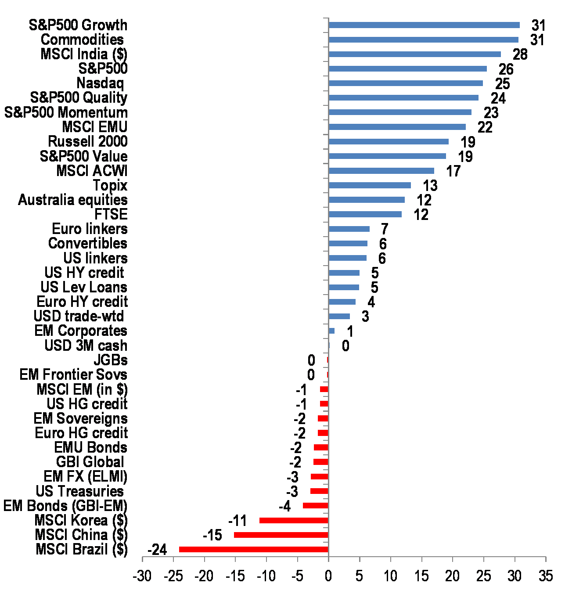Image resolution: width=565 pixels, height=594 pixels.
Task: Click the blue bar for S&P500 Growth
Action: click(424, 25)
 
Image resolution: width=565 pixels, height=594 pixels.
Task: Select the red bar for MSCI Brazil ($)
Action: click(254, 549)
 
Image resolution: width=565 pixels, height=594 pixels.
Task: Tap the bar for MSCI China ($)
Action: click(281, 535)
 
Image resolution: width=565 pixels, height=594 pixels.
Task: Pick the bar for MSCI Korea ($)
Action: click(294, 520)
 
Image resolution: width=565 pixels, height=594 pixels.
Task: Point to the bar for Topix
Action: click(370, 185)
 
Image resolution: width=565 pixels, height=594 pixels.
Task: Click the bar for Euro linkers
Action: click(349, 229)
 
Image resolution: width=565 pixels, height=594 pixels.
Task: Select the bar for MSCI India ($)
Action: click(414, 54)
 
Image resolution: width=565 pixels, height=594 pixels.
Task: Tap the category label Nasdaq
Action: click(100, 83)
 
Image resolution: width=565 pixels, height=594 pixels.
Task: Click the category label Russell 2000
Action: click(88, 141)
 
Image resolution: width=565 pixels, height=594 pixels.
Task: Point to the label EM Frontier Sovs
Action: click(73, 374)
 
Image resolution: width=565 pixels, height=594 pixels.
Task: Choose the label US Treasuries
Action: click(80, 491)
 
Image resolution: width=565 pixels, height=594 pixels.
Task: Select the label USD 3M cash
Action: click(86, 346)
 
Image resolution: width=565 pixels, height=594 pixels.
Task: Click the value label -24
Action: click(157, 550)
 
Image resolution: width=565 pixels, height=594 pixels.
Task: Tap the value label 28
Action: click(520, 54)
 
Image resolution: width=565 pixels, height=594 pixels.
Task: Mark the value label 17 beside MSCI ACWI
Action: click(453, 171)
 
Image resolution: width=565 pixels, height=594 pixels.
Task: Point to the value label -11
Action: click(238, 521)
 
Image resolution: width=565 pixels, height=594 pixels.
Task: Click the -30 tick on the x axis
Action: click(142, 576)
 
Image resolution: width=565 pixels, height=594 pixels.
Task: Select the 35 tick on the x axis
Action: click(546, 576)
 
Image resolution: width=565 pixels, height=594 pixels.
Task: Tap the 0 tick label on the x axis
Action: click(328, 576)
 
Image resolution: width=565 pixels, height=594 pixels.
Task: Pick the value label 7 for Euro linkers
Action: click(385, 229)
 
